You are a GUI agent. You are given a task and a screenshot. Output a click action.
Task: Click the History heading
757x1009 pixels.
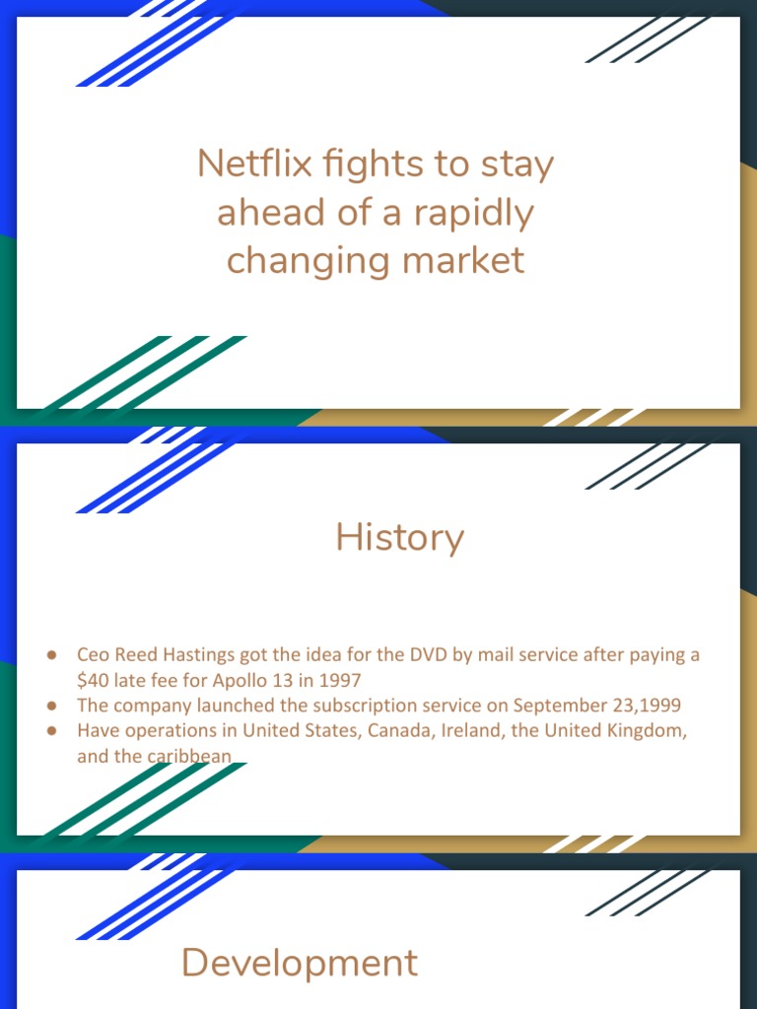(399, 537)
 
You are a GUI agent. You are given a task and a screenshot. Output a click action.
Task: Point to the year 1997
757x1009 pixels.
(340, 680)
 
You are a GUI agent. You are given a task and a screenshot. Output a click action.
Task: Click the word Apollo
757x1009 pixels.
(246, 680)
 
